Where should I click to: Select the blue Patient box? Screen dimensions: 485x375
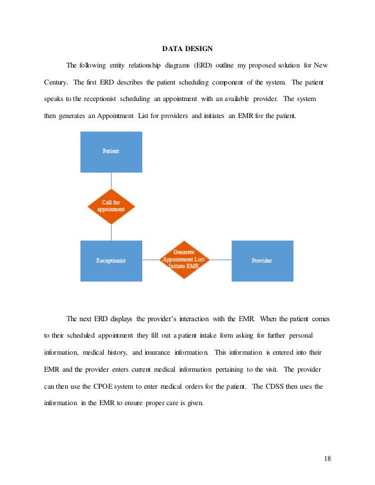click(x=111, y=151)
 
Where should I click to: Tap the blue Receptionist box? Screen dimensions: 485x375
click(x=111, y=260)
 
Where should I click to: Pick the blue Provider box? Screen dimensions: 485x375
click(x=262, y=260)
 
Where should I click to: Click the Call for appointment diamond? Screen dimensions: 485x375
click(x=111, y=206)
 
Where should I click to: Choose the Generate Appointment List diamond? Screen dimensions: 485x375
click(x=186, y=260)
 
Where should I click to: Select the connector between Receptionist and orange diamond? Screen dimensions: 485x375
click(x=151, y=260)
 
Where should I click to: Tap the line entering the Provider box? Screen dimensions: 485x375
click(x=220, y=260)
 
